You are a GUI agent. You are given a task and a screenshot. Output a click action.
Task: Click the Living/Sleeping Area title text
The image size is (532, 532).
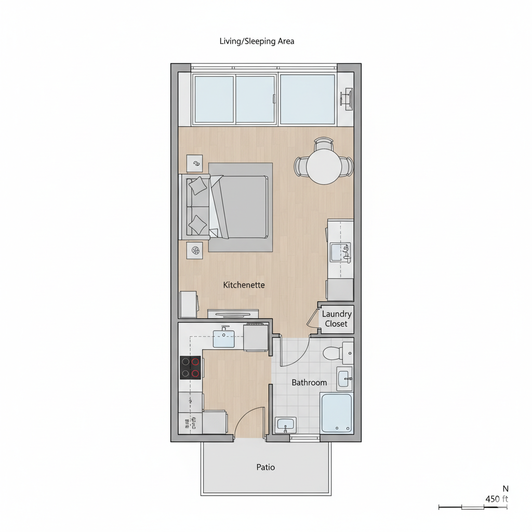click(257, 41)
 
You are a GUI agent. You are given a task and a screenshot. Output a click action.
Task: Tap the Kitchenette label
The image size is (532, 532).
click(244, 285)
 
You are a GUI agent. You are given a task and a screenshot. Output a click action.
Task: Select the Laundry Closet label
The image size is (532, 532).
click(336, 319)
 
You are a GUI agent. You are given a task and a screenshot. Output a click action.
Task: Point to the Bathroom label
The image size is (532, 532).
click(309, 382)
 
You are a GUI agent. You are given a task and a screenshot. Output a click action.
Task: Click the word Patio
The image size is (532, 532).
click(265, 467)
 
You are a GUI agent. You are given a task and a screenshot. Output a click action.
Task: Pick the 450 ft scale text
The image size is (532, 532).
click(496, 499)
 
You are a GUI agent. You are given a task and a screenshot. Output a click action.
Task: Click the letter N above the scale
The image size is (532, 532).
click(506, 488)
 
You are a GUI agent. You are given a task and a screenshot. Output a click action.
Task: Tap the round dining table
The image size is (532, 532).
click(323, 167)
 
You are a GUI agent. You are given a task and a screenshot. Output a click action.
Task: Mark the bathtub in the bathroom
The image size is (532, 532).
click(337, 413)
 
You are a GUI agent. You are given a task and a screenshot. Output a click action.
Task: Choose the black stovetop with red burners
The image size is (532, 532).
click(190, 367)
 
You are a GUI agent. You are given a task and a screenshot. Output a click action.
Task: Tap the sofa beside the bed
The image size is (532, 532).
click(194, 206)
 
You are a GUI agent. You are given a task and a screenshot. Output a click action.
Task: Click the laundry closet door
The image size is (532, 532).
click(313, 318)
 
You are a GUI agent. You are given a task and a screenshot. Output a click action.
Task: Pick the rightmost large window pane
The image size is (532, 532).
click(308, 99)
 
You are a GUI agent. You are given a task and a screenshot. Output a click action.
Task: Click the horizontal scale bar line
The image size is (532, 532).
click(473, 507)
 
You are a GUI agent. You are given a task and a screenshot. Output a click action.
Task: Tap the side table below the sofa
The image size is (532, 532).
click(195, 250)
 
